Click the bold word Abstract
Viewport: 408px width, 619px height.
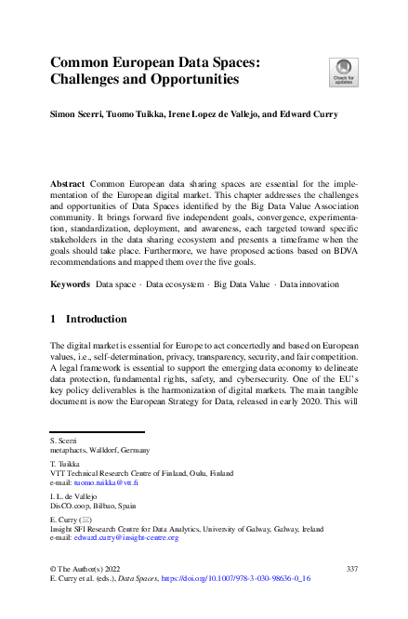click(x=68, y=185)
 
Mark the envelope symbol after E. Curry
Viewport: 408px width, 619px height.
click(x=87, y=520)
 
